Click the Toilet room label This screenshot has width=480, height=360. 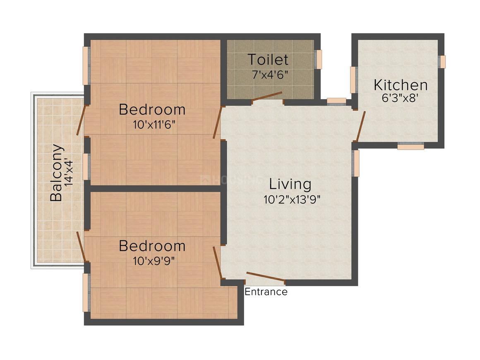tap(268, 60)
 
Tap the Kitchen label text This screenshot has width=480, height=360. tap(401, 85)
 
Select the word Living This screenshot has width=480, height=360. tap(290, 184)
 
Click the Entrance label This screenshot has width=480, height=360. tap(266, 292)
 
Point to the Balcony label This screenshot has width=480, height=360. tap(57, 173)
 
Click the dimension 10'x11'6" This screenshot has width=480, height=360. tap(154, 125)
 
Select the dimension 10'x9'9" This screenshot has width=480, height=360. tap(154, 261)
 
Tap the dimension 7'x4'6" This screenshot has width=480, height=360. tap(270, 75)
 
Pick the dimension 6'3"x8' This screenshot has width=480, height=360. tap(400, 98)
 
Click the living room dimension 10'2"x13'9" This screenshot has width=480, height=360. tap(292, 199)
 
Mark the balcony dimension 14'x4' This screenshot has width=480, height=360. tap(69, 173)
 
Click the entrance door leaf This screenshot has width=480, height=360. tap(266, 276)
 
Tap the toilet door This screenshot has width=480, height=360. tap(266, 96)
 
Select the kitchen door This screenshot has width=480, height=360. tap(361, 126)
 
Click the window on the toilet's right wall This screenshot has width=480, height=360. tap(319, 60)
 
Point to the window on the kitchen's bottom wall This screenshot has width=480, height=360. tap(411, 146)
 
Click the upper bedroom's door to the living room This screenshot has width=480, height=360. tap(217, 122)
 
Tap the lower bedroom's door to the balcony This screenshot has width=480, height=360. tap(81, 247)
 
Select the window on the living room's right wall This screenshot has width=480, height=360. tap(355, 163)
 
